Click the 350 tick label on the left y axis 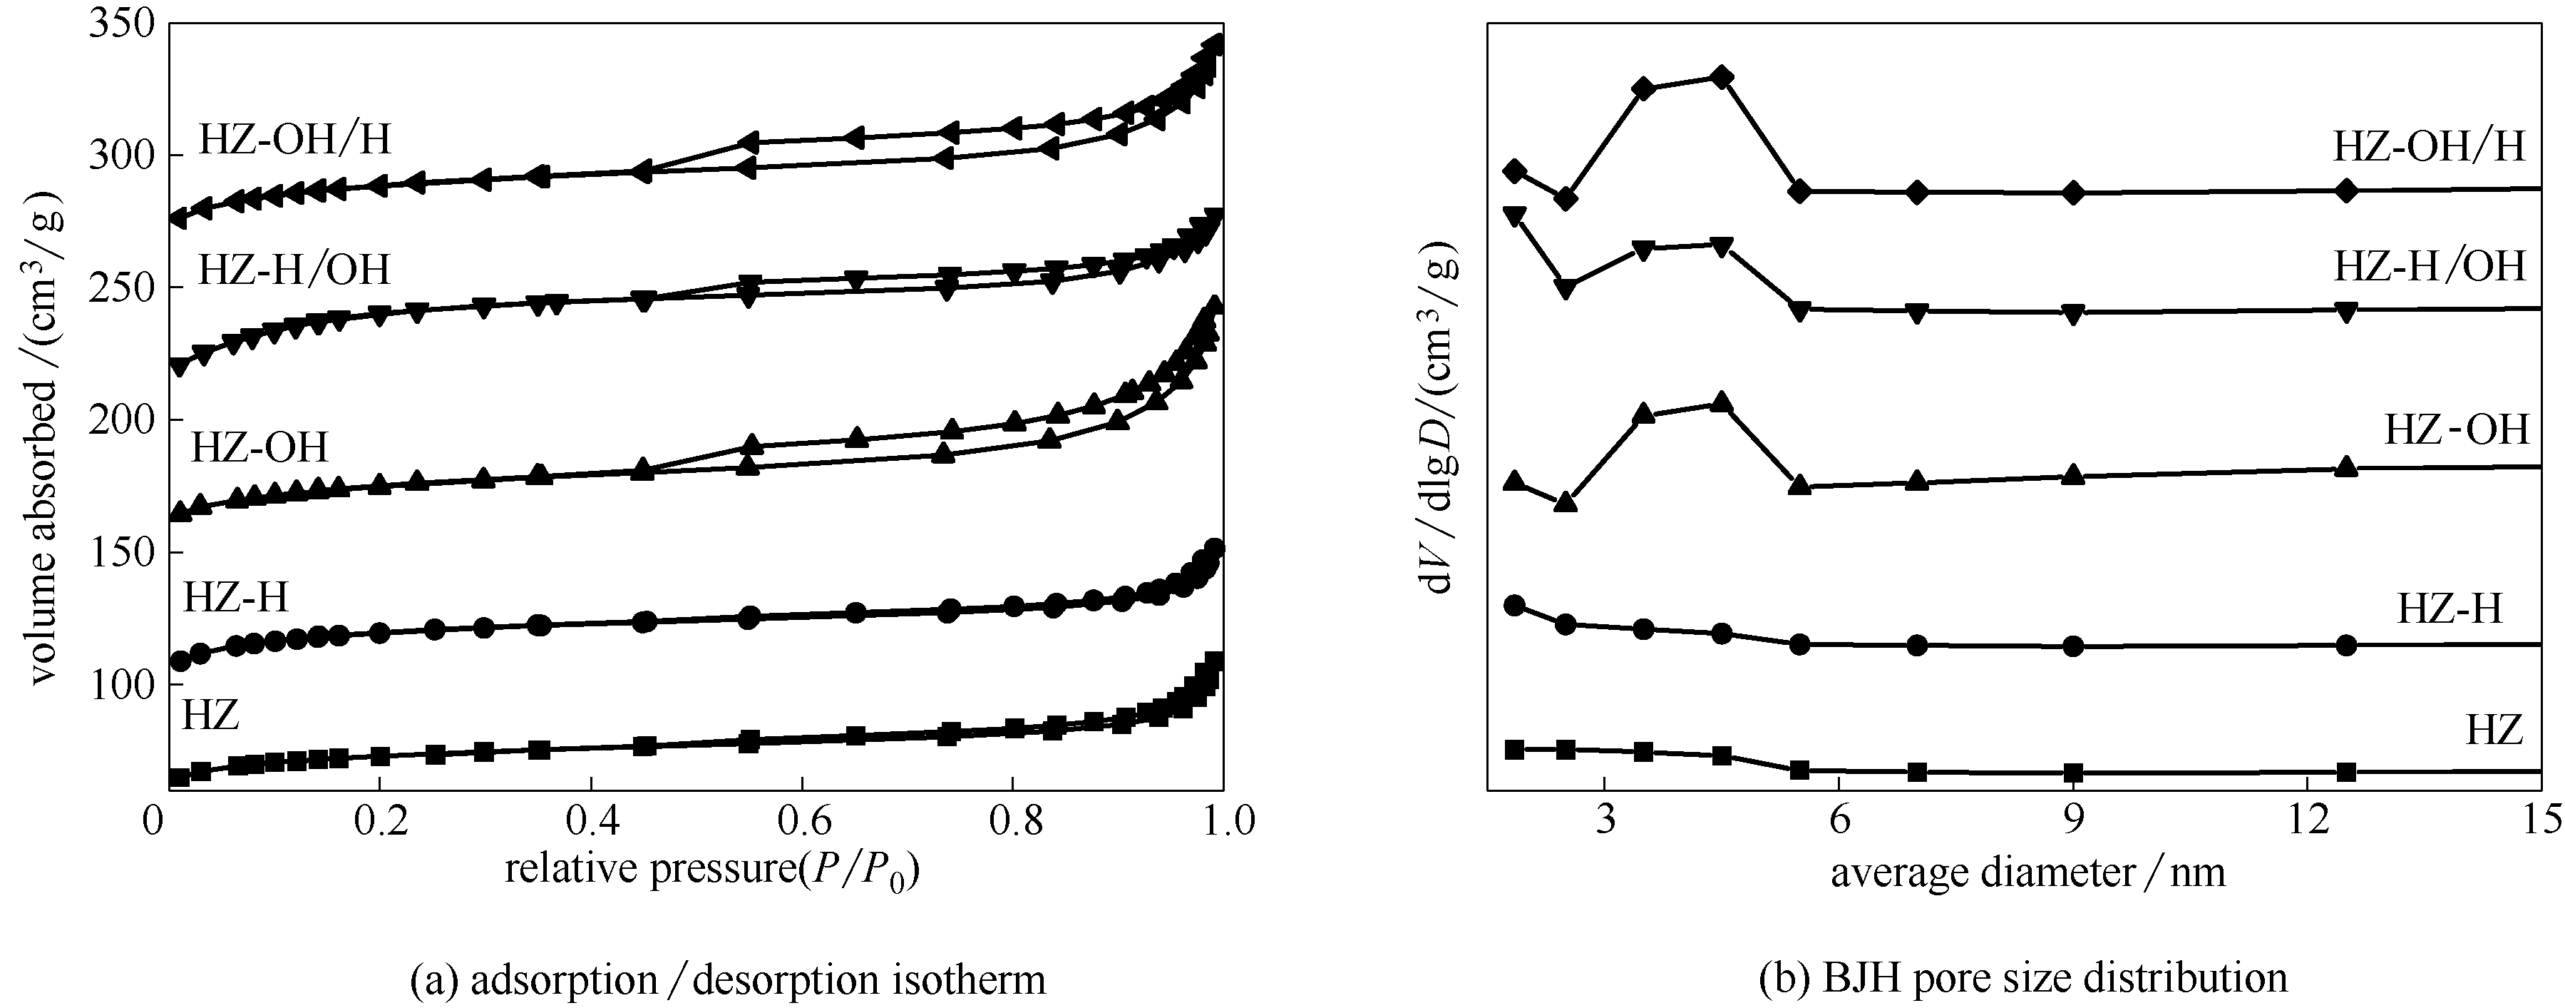(x=120, y=22)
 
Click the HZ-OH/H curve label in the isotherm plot (x=294, y=139)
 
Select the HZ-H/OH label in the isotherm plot (x=294, y=270)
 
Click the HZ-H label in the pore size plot (x=2450, y=608)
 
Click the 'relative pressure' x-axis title (x=712, y=870)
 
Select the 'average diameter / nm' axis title (x=2027, y=872)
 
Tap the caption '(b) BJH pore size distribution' (x=2023, y=978)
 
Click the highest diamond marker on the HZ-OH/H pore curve (x=1722, y=78)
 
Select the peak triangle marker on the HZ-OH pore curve (x=1722, y=402)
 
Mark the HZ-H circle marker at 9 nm (x=2074, y=646)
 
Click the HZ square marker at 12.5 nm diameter (x=2346, y=772)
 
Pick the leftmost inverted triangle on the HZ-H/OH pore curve (x=1516, y=216)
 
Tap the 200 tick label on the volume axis (x=120, y=419)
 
